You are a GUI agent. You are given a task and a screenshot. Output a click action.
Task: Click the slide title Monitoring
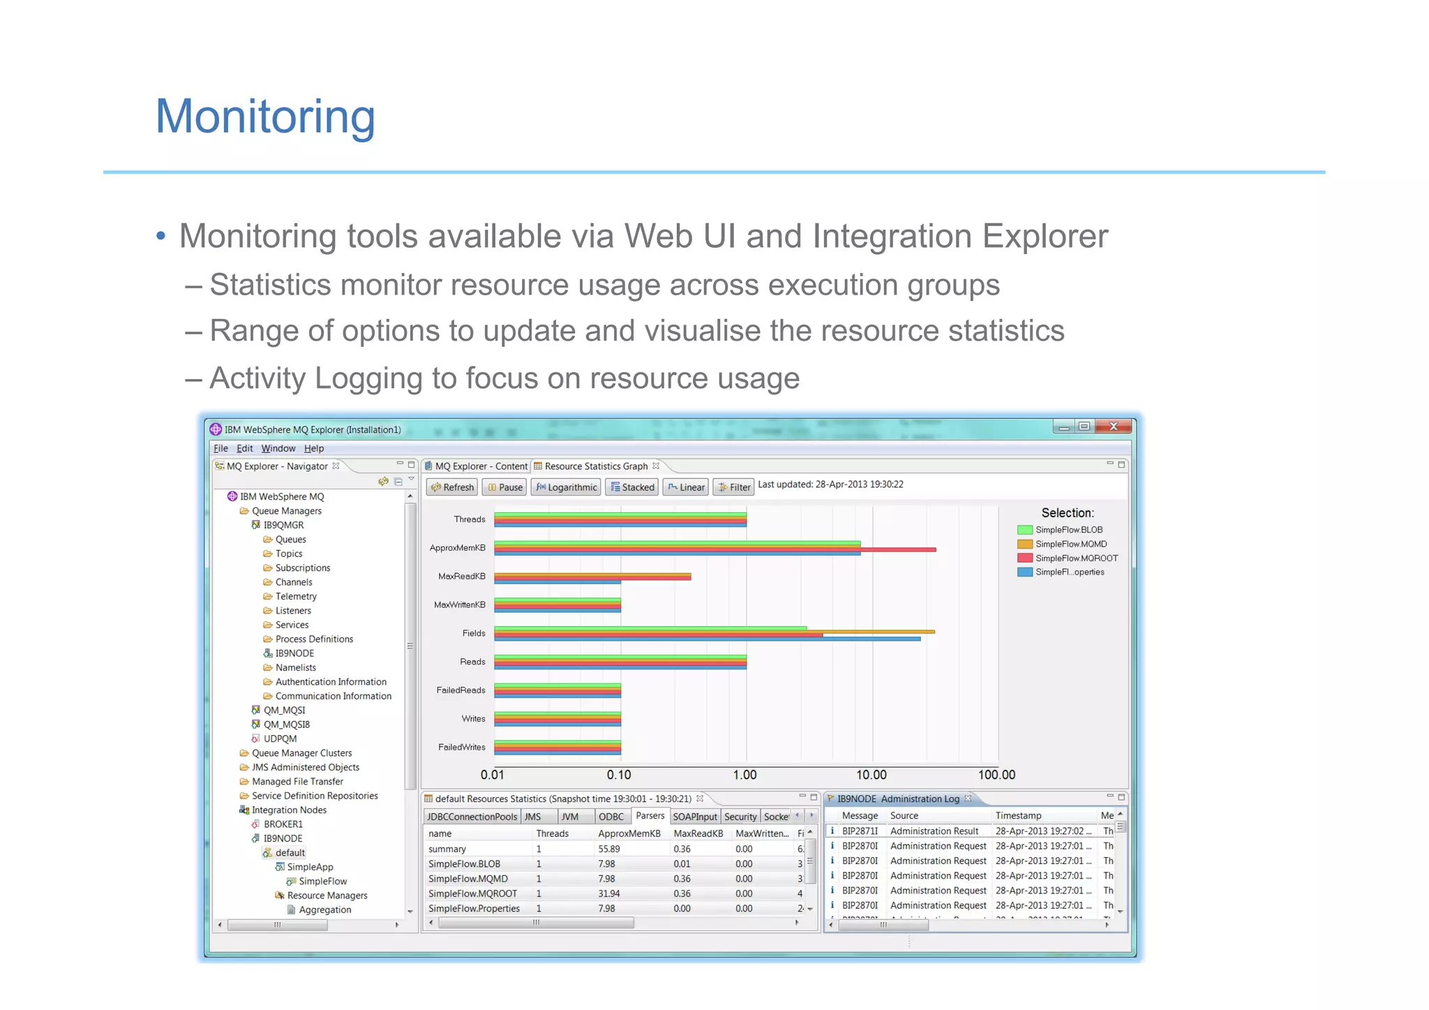[x=265, y=117]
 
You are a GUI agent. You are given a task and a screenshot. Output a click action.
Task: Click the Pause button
[x=504, y=487]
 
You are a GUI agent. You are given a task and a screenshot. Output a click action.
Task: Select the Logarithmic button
[x=567, y=487]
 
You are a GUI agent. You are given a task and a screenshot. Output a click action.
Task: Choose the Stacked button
[x=632, y=487]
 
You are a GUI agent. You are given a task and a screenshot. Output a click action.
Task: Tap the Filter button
[x=734, y=487]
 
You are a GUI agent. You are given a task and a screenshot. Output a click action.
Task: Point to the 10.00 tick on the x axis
[x=871, y=775]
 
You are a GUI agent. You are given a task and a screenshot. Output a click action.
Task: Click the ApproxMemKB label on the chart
[x=458, y=548]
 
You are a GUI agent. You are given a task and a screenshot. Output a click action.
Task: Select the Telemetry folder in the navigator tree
[x=296, y=597]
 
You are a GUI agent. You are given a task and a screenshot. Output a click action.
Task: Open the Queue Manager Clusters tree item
[x=301, y=753]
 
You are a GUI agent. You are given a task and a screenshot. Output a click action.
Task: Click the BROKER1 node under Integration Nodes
[x=283, y=824]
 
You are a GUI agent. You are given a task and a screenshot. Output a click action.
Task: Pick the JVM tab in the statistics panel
[x=570, y=817]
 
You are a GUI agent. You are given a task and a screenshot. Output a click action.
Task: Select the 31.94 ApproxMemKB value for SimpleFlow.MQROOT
[x=609, y=893]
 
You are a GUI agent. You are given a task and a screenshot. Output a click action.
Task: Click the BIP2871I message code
[x=860, y=831]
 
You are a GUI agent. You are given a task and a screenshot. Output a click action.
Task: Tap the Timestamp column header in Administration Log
[x=1018, y=816]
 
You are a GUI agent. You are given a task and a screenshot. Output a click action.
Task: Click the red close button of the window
[x=1113, y=426]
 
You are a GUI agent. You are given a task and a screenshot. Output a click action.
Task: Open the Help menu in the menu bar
[x=314, y=449]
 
